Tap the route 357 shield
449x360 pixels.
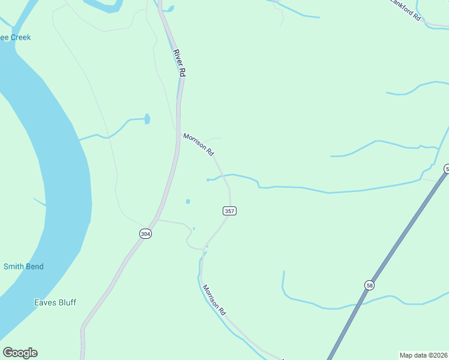coord(229,211)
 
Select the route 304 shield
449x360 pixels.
coord(145,233)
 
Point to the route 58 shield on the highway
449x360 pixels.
coord(369,284)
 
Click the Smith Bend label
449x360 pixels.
coord(23,266)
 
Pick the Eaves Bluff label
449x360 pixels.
coord(55,302)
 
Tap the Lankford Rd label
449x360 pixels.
coord(405,9)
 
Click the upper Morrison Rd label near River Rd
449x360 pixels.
coord(199,145)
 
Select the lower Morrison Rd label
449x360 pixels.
coord(214,300)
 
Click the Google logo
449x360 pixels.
coord(20,353)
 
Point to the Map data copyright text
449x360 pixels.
coord(424,355)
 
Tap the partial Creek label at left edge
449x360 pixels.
coord(15,37)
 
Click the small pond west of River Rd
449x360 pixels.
coord(147,119)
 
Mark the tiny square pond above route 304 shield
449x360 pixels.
coord(188,201)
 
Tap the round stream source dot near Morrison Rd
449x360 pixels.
coord(208,179)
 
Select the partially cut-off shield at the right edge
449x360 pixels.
coord(446,169)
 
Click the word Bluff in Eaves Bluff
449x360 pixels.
coord(65,302)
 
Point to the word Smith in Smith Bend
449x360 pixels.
coord(14,266)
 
